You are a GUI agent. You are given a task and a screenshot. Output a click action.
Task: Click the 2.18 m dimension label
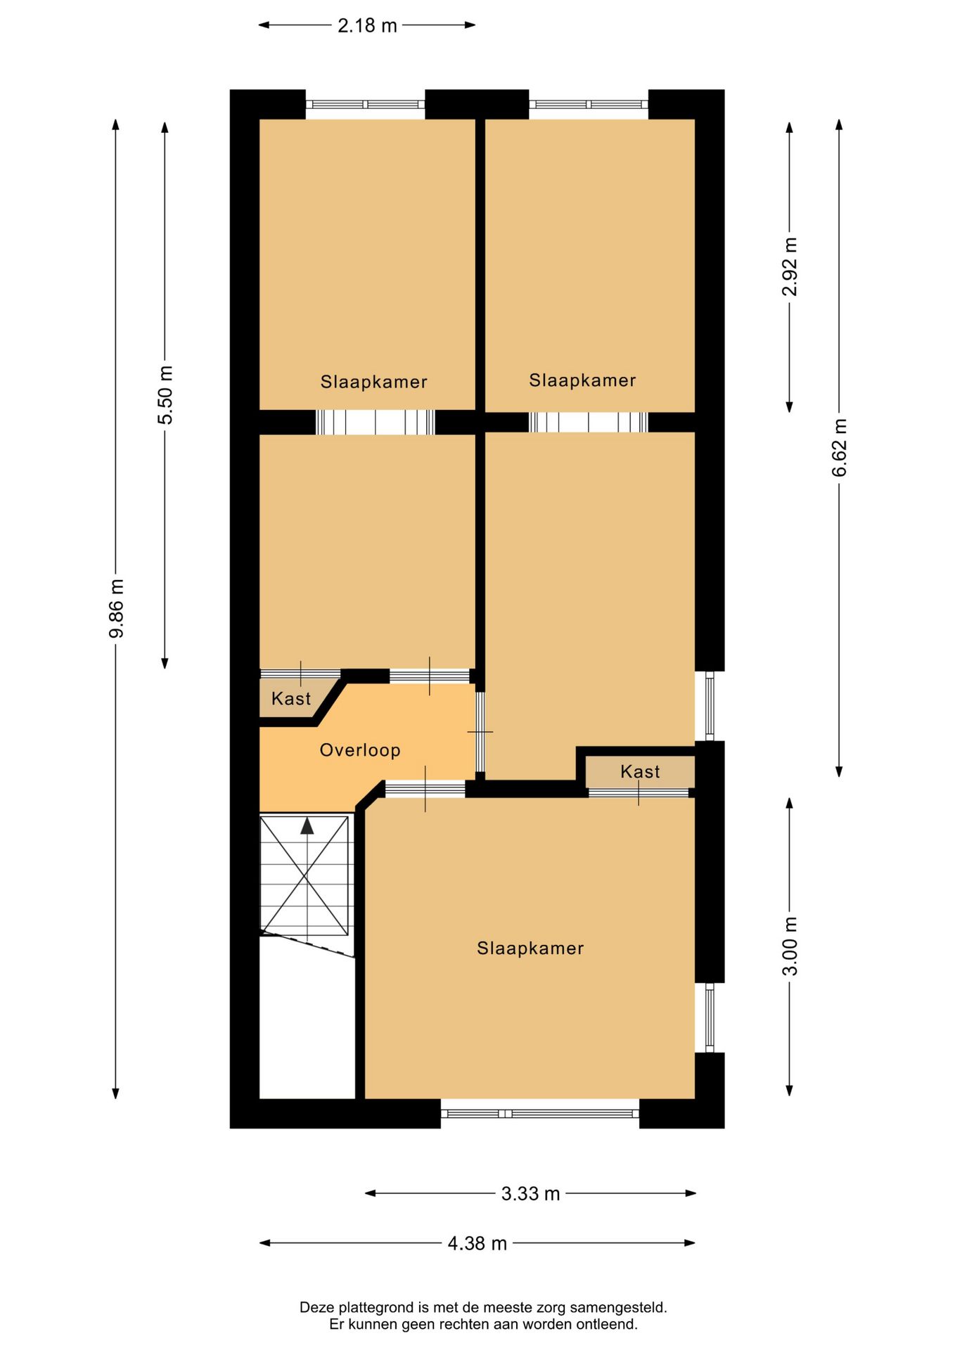367,26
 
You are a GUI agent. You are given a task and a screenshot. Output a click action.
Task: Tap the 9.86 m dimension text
117,608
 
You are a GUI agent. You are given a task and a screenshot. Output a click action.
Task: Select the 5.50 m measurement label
165,395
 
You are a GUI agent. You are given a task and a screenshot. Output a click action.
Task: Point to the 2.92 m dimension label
790,267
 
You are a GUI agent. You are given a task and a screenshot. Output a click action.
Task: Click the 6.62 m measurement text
840,448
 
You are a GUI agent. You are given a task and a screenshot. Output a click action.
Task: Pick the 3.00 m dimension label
790,946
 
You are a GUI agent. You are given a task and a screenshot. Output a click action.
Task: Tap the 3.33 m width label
530,1194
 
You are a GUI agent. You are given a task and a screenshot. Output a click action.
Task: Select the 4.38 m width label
477,1243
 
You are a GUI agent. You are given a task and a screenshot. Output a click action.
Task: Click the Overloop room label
360,750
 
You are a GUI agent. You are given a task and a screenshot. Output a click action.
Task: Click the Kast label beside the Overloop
290,699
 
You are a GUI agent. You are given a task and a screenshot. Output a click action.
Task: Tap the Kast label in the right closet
640,772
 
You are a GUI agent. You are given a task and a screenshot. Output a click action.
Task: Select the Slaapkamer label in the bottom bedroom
530,949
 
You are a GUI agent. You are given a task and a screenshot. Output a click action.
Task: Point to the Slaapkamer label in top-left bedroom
373,382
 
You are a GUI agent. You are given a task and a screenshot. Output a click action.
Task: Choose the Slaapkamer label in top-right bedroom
582,380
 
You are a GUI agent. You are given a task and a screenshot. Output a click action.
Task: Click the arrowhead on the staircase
307,826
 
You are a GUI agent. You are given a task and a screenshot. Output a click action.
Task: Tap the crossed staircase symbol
305,876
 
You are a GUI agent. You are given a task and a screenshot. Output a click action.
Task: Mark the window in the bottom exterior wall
540,1113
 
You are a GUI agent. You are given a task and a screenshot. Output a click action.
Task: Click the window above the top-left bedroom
365,105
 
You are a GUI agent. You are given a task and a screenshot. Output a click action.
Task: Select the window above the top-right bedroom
589,105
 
